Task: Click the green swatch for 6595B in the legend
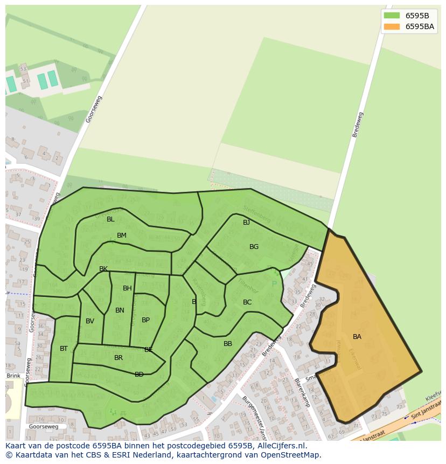click(x=392, y=16)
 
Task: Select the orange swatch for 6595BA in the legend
click(x=392, y=26)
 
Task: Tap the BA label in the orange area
click(x=357, y=337)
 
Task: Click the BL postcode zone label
click(x=110, y=219)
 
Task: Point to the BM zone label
click(x=122, y=236)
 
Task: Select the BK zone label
click(x=103, y=269)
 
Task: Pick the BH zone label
click(x=127, y=288)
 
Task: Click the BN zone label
click(x=120, y=310)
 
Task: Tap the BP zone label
click(x=145, y=320)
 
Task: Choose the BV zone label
click(x=90, y=321)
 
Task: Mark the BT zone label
click(x=64, y=349)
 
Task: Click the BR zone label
click(x=119, y=358)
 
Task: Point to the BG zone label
click(x=254, y=247)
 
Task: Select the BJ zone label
click(x=246, y=223)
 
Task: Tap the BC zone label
click(x=247, y=302)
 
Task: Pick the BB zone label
click(x=228, y=344)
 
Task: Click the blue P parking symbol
click(x=274, y=284)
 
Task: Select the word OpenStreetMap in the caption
click(x=291, y=455)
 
